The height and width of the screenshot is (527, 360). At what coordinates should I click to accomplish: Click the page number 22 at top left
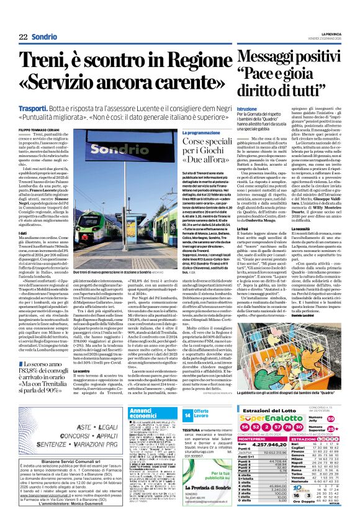pyautogui.click(x=24, y=37)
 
